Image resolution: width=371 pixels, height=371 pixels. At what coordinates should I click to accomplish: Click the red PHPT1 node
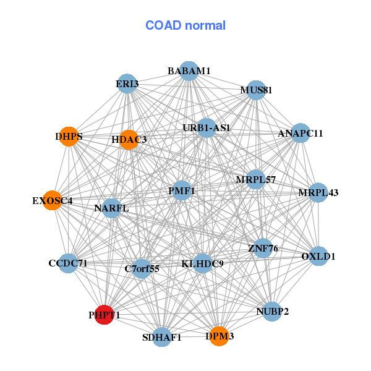point(104,314)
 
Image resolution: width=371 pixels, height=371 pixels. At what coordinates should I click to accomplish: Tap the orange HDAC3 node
point(129,139)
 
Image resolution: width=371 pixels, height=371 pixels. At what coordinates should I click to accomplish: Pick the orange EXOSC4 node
point(53,200)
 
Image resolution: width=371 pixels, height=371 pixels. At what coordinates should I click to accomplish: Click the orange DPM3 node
point(219,336)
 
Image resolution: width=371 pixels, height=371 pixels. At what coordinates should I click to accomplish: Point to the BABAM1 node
point(189,71)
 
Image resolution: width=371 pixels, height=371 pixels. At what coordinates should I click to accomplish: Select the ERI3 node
point(127,83)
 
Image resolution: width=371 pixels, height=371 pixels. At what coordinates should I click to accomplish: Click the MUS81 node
point(256,90)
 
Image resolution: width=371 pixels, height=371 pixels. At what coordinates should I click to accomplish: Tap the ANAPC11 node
point(300,133)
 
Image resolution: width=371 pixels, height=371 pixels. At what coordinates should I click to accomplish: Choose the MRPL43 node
point(318,192)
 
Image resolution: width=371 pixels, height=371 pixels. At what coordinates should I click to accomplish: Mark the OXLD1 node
point(318,256)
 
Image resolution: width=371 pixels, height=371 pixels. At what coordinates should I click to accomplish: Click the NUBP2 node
point(272,311)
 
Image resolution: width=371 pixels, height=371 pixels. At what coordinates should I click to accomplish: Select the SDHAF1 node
point(161,337)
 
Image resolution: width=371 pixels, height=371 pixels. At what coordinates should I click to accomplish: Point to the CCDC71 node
point(68,263)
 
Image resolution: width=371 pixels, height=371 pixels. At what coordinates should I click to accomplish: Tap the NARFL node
point(111,208)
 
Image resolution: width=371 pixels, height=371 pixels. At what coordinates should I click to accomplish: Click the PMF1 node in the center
point(181,191)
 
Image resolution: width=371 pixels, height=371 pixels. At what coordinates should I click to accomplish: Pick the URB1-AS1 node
point(206,128)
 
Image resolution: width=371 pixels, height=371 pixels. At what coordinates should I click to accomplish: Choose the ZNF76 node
point(263,249)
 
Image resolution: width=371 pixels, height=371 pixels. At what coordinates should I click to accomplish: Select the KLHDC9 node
point(202,263)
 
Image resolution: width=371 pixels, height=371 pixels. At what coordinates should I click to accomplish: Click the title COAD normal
point(185,26)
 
